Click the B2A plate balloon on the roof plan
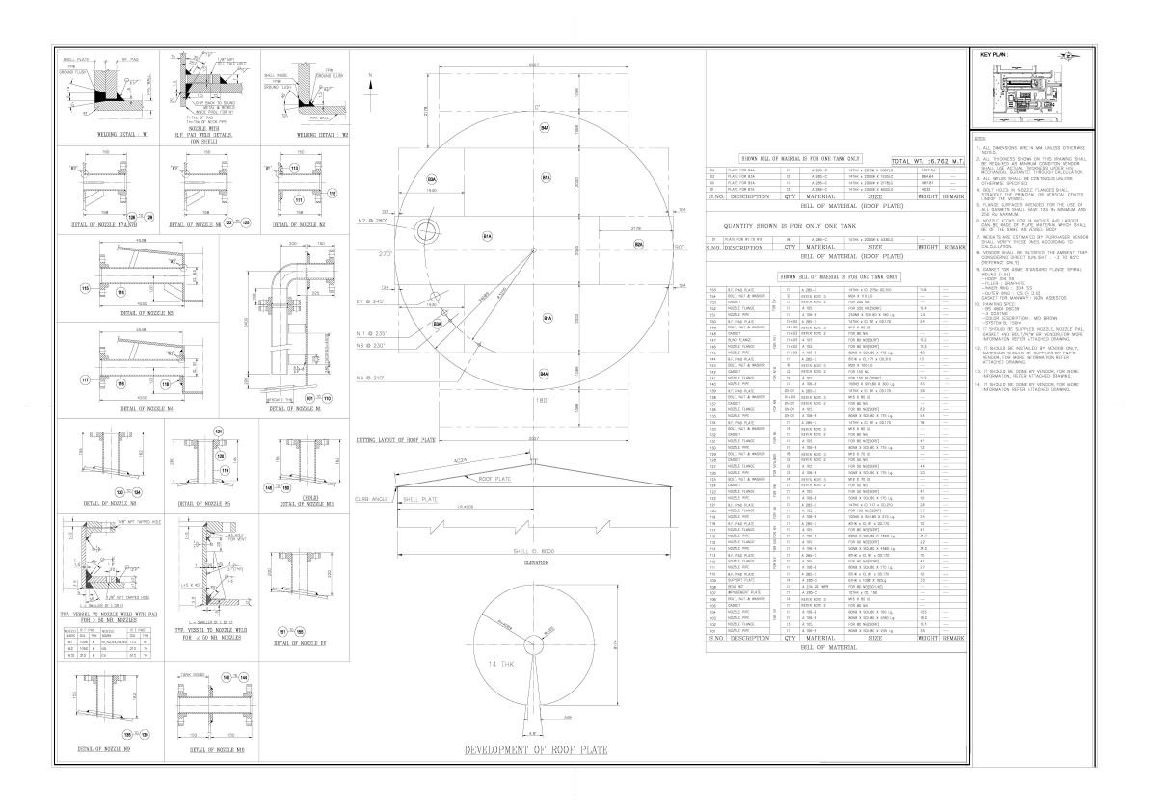coord(638,244)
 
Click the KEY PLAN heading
coord(994,55)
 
